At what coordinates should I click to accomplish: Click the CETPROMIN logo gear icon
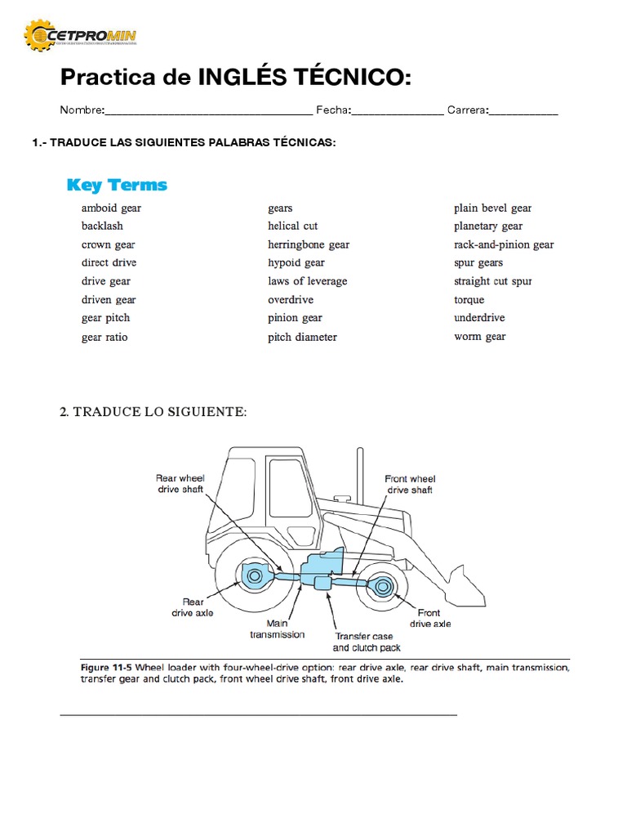(40, 35)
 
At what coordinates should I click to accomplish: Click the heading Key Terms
(117, 185)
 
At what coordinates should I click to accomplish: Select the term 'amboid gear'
(111, 208)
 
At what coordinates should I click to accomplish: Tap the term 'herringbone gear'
(308, 244)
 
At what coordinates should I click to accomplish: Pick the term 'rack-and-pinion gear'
(504, 244)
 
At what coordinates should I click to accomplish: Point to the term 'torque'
(469, 299)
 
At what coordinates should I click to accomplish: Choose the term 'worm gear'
(479, 336)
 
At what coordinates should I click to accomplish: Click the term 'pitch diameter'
(302, 337)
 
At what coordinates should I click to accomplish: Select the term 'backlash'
(102, 226)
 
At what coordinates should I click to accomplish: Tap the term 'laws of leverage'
(307, 281)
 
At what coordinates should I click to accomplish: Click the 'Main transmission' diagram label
(277, 629)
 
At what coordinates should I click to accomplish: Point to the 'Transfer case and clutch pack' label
(366, 642)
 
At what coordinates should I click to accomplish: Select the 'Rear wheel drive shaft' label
(180, 483)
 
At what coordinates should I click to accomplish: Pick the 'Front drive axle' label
(429, 618)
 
